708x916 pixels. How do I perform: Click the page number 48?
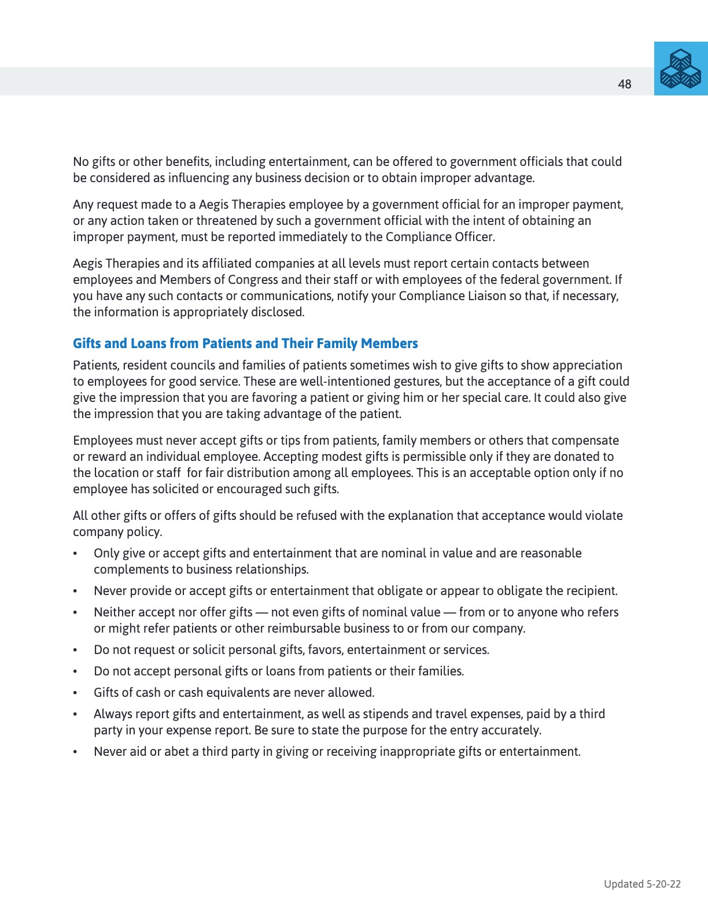pos(624,84)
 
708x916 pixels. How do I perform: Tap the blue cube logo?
pos(681,69)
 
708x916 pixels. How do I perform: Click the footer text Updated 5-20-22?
pos(642,884)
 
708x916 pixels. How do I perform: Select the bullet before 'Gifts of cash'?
pos(75,693)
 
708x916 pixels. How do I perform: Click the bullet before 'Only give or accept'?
pos(75,553)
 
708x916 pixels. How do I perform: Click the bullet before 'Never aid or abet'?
pos(75,752)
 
